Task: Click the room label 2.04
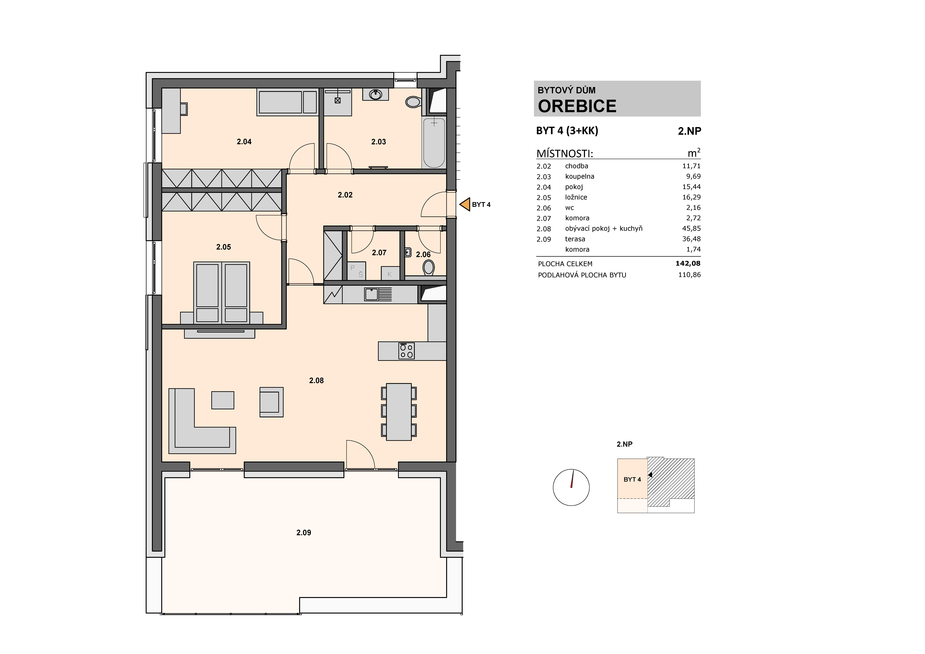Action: coord(244,141)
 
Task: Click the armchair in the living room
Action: coord(271,402)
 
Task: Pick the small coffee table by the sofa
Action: coord(223,400)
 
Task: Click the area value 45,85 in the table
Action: coord(691,228)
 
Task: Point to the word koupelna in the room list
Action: coord(579,177)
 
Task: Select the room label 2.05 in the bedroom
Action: coord(224,247)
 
